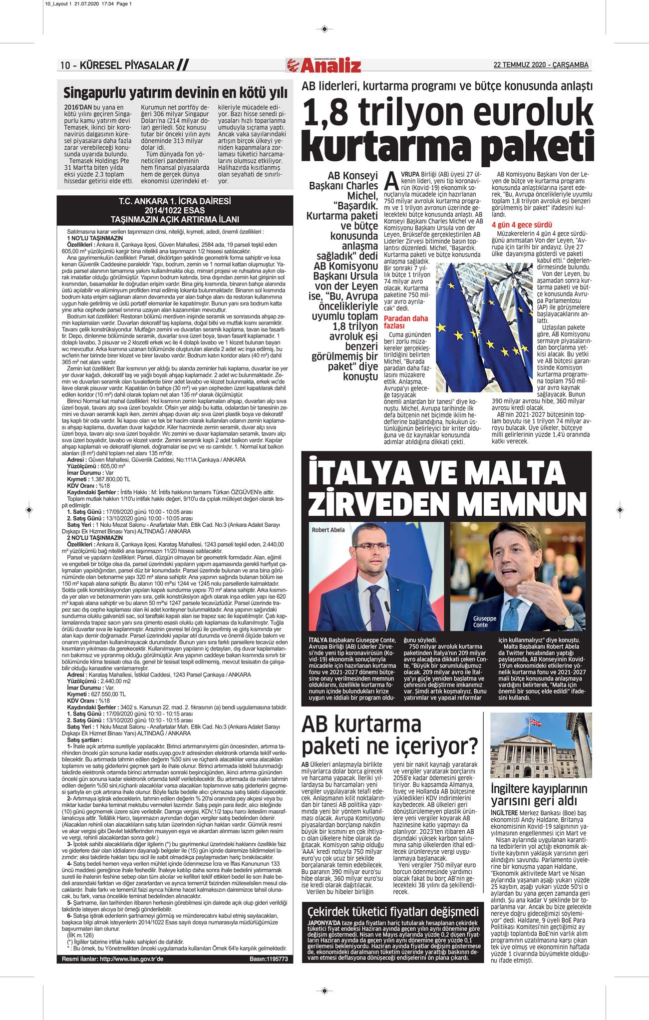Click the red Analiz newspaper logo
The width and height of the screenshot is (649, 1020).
[x=324, y=65]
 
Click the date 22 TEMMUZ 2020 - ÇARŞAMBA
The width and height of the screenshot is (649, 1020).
[x=541, y=65]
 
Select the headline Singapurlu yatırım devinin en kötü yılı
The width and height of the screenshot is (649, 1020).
[x=175, y=93]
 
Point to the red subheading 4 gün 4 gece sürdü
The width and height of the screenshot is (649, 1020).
[x=522, y=225]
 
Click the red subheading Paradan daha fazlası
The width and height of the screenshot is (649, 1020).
[x=405, y=322]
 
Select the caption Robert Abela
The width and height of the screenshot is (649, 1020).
[x=328, y=530]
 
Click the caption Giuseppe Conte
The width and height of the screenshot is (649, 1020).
[x=484, y=622]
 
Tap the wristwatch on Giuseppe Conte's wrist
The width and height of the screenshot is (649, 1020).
[x=569, y=622]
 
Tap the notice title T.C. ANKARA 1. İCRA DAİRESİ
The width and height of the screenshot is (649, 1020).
[x=175, y=202]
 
